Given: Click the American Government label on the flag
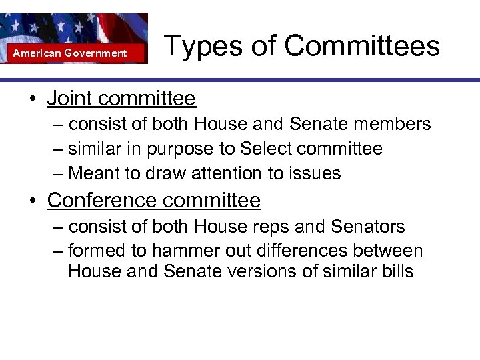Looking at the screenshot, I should point(70,53).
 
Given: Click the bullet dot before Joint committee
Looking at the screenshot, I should point(32,99).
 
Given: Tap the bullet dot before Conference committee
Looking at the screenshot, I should point(32,200).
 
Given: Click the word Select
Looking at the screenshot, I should point(267,149).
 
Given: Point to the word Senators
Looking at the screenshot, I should point(367,227).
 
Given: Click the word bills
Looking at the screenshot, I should point(394,272).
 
